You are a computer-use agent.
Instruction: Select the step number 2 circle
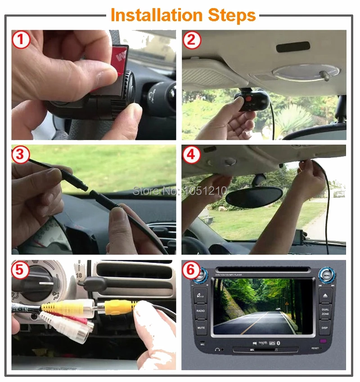pos(192,40)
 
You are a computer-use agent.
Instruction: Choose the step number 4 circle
pos(192,155)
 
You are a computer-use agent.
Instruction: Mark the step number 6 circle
pos(192,270)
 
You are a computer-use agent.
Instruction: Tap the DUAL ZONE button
pos(326,311)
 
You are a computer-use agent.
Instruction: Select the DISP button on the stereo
pos(326,327)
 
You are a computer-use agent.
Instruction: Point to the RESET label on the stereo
pos(315,348)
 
